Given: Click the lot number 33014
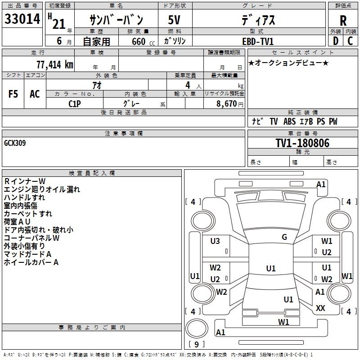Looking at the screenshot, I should [x=23, y=20].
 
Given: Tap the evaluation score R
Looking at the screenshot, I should [x=343, y=20].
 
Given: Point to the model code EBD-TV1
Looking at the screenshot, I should [x=257, y=41].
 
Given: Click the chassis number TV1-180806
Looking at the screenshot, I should [x=302, y=143].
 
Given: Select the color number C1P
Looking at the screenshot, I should [x=75, y=103].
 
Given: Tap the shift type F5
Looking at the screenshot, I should [x=13, y=94].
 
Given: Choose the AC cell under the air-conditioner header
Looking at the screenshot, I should [x=35, y=94].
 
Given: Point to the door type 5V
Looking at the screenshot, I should [x=174, y=20].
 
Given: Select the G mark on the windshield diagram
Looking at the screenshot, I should [x=284, y=237].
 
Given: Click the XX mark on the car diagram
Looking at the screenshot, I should [x=320, y=308].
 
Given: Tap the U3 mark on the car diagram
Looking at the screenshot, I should [x=215, y=241].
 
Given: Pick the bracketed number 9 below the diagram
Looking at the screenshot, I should [x=196, y=345].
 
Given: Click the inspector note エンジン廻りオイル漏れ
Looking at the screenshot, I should [x=42, y=189].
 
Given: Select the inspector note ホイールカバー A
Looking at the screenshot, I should [x=31, y=262].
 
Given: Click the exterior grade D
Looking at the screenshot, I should [x=335, y=41].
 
